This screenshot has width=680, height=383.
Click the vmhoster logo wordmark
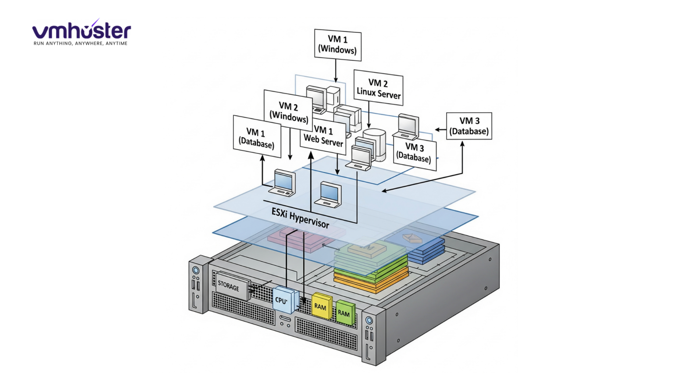81,31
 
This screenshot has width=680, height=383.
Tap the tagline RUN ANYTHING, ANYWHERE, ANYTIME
81,43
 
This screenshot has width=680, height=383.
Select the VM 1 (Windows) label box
337,45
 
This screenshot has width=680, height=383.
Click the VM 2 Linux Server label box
378,88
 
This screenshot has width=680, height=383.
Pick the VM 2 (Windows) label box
288,111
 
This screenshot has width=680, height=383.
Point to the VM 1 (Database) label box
256,137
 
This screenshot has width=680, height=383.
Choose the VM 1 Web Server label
323,136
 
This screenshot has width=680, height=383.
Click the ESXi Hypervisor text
300,218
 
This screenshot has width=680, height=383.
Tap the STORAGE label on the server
228,285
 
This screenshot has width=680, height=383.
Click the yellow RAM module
321,306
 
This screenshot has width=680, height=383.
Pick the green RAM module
344,312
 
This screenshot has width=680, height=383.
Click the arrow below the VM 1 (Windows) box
336,71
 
